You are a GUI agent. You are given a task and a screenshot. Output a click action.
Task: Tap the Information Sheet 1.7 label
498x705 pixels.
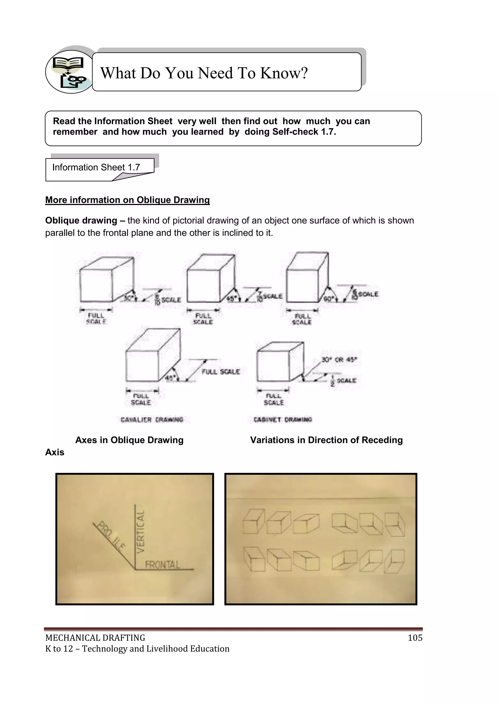coord(96,167)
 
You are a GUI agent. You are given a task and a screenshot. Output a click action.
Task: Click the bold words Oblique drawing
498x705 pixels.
coord(81,220)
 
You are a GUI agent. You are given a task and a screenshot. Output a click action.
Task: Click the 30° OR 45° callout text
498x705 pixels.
coord(339,360)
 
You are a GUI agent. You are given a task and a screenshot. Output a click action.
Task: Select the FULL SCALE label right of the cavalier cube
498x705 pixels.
coord(221,372)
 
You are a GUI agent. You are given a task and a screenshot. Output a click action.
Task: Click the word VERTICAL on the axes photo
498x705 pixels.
coord(140,532)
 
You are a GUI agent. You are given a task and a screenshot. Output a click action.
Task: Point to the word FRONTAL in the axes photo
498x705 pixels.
coord(162,565)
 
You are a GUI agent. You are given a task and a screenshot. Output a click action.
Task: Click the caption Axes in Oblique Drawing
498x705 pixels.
coord(129,440)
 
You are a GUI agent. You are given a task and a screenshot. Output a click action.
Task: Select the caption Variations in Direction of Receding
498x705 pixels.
coord(326,440)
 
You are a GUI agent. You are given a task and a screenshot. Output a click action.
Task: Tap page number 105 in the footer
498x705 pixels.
coord(415,638)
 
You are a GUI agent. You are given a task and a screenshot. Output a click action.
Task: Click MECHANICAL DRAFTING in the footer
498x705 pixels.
coord(95,638)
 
